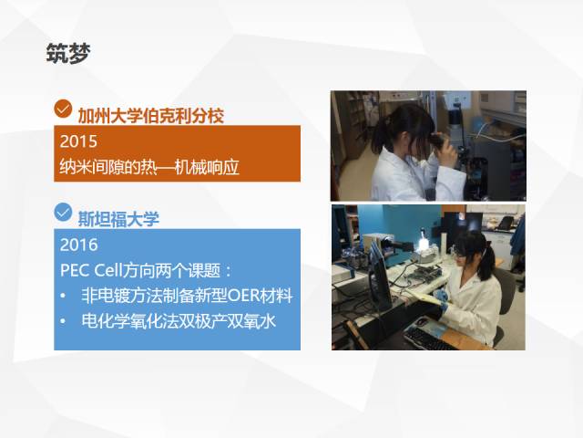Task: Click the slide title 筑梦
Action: (68, 53)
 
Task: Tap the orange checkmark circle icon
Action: (63, 109)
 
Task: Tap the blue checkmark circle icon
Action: (63, 213)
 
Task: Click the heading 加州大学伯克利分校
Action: (150, 116)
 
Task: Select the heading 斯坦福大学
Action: (118, 219)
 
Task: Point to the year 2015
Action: (78, 141)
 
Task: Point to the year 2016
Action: (79, 245)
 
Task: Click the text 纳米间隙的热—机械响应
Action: (149, 167)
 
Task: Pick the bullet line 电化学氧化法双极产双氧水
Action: (179, 320)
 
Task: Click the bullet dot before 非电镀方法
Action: (63, 296)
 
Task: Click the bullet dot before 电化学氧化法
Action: (63, 321)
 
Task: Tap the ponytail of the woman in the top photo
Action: (380, 135)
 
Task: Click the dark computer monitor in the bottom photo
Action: (380, 277)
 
